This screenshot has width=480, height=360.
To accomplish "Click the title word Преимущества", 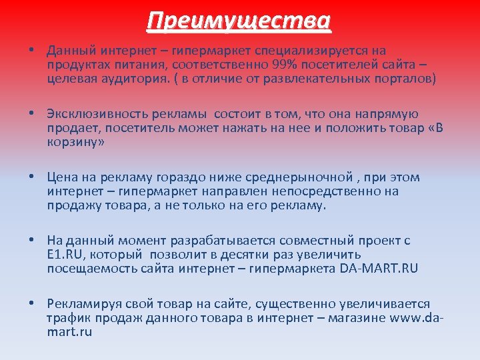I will coord(239,21).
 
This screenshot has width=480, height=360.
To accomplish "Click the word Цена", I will coord(61,177).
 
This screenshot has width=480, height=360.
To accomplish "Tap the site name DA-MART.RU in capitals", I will coord(379,268).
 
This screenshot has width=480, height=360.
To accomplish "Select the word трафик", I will coord(66,317).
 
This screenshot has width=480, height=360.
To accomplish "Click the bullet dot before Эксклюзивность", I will coord(31,114).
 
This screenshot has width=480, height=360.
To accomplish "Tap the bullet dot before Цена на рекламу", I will coord(31,177).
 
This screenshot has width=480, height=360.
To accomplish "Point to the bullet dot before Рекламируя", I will coord(31,303).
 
